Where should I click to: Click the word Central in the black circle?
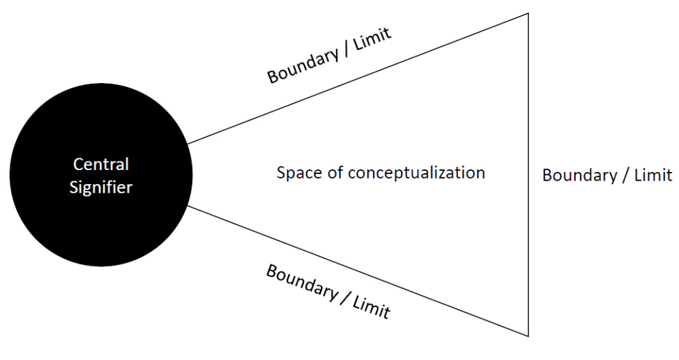[x=101, y=163]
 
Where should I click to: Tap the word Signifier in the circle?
[x=101, y=187]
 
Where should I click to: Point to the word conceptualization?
[x=417, y=173]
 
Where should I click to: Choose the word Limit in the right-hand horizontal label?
[x=650, y=176]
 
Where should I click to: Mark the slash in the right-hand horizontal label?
[x=621, y=176]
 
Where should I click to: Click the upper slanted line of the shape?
[x=358, y=78]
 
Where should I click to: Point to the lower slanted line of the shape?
[x=358, y=271]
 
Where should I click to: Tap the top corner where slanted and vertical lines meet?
[x=528, y=13]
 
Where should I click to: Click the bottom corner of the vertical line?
[x=528, y=336]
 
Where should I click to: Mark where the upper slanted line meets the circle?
[x=188, y=143]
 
